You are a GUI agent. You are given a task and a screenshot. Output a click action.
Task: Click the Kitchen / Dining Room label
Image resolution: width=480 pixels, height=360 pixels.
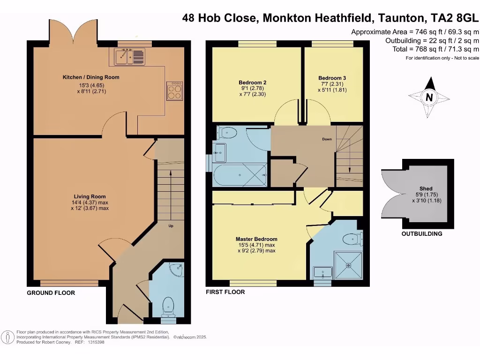click(91, 77)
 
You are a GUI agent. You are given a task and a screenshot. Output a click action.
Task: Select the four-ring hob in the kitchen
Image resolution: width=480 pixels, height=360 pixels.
click(175, 90)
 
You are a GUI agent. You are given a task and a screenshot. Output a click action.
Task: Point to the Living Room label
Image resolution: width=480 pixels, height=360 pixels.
click(90, 196)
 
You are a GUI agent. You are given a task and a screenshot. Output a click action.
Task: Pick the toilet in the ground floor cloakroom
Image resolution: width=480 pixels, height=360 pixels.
click(168, 306)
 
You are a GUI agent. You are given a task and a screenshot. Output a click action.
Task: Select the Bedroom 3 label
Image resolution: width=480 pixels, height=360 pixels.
click(332, 78)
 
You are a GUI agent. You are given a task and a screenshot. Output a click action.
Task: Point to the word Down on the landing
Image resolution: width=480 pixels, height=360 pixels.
click(327, 139)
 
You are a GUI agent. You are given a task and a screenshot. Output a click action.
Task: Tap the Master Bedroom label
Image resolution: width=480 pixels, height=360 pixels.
click(256, 239)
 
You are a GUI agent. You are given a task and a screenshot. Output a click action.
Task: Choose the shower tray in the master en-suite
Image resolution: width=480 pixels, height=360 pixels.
click(348, 265)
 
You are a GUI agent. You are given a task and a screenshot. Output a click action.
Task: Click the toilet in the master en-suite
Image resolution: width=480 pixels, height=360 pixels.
click(353, 240)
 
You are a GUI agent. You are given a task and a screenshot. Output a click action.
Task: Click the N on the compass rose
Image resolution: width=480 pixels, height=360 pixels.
click(428, 97)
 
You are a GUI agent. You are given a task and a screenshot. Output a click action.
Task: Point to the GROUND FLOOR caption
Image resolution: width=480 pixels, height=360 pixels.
click(51, 292)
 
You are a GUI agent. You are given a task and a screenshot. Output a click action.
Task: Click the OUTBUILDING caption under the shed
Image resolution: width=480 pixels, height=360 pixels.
click(421, 233)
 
